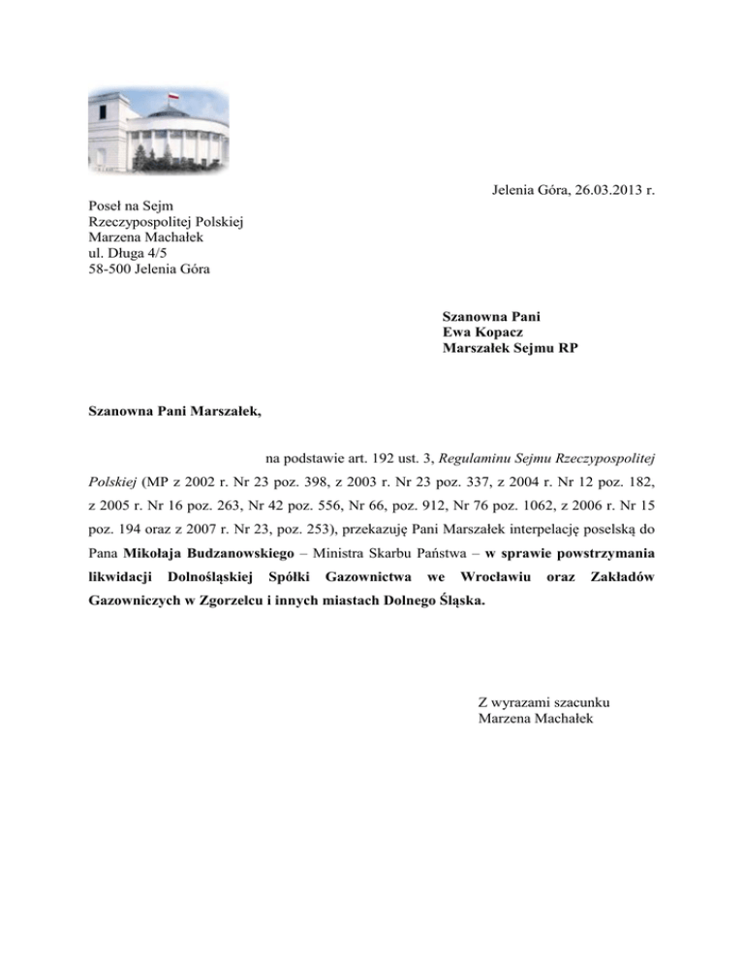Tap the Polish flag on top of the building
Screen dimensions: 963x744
pos(174,98)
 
